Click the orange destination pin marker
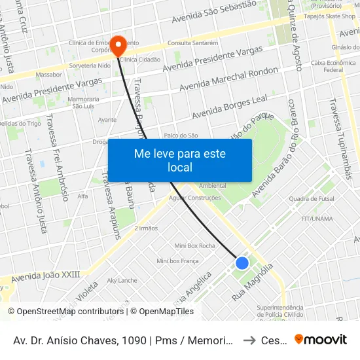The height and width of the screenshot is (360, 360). (x=118, y=45)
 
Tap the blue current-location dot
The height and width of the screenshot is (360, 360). (x=242, y=263)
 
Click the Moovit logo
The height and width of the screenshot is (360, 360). (x=321, y=339)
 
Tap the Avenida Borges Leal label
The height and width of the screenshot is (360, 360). (x=230, y=107)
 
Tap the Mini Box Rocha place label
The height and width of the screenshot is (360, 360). (x=194, y=245)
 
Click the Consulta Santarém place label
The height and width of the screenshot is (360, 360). (x=192, y=43)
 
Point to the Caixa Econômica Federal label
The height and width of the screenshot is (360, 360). (x=327, y=66)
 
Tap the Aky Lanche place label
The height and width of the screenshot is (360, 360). (x=122, y=280)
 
